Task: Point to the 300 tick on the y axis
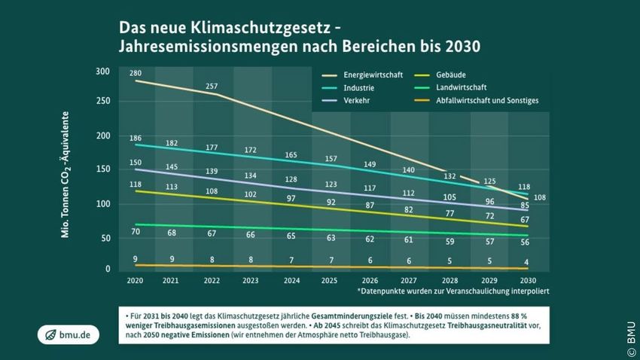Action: (x=102, y=72)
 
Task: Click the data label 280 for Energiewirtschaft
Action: (x=136, y=73)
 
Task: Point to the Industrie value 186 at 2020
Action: (x=135, y=139)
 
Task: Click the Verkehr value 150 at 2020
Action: (x=135, y=163)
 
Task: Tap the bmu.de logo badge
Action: (x=68, y=335)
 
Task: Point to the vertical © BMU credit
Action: (x=631, y=331)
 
